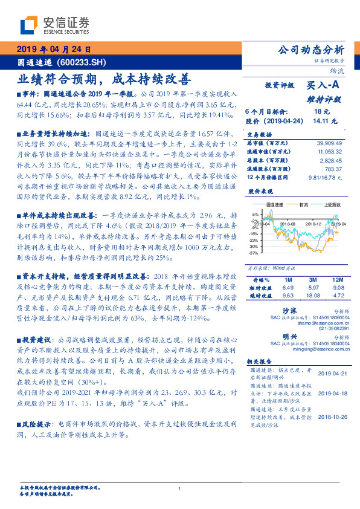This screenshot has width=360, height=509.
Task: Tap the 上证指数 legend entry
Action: pyautogui.click(x=333, y=205)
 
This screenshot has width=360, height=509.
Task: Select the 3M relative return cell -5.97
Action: pyautogui.click(x=312, y=288)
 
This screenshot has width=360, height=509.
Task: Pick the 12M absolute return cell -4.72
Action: pyautogui.click(x=335, y=296)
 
